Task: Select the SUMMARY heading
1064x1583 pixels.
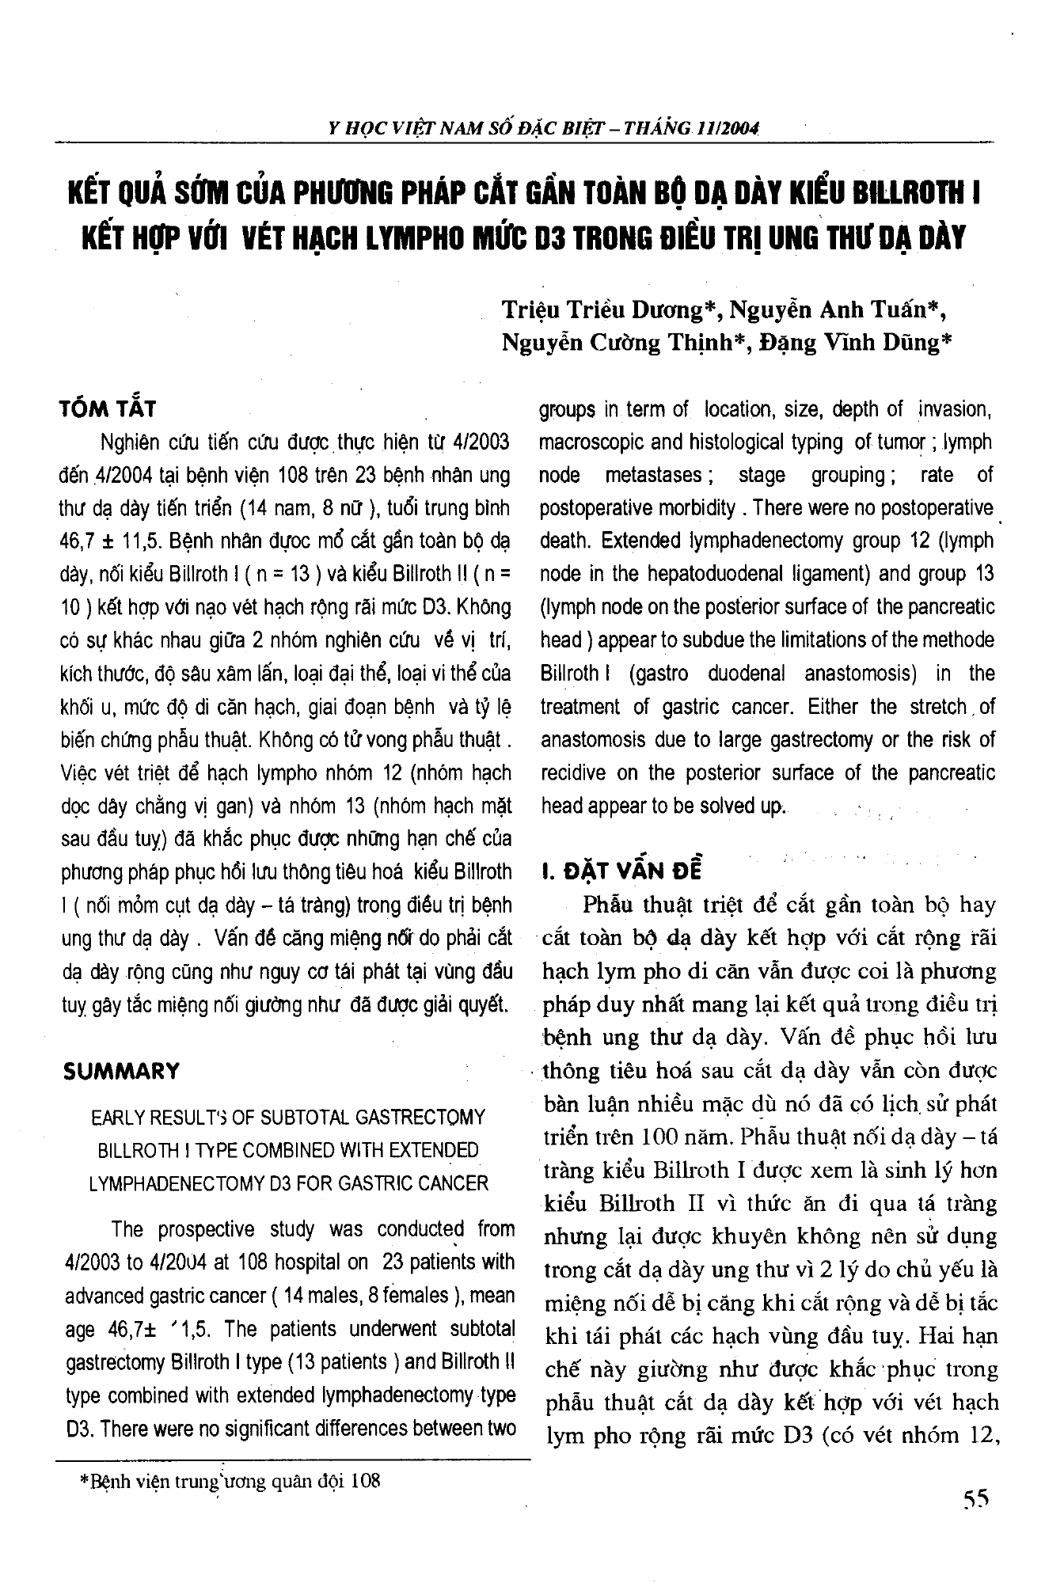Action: click(122, 1072)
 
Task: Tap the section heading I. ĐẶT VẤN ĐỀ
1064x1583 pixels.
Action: click(621, 870)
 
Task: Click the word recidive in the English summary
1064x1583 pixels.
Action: click(579, 773)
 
